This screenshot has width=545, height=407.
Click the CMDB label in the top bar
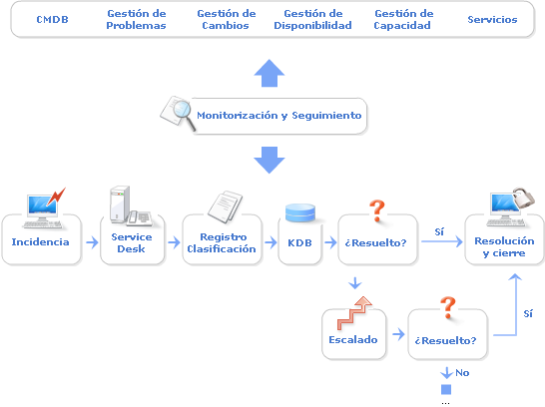click(52, 19)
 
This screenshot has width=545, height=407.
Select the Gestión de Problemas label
click(136, 19)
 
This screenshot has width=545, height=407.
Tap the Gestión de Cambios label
click(227, 19)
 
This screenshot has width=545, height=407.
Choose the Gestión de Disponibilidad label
click(312, 19)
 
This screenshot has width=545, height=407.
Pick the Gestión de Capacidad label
click(403, 19)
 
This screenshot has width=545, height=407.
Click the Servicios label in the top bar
click(492, 19)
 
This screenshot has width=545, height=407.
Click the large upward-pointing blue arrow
click(270, 73)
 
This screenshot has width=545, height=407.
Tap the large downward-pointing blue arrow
click(270, 160)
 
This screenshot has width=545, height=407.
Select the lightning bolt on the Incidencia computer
click(56, 197)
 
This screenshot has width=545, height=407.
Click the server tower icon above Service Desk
click(120, 204)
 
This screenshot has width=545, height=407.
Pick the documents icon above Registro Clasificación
click(226, 206)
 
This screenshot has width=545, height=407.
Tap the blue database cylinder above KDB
click(300, 212)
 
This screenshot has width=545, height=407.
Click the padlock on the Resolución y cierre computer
click(523, 199)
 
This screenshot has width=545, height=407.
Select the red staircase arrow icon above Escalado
click(354, 313)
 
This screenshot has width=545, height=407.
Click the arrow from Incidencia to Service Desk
click(92, 242)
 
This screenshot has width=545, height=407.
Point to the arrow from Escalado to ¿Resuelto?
click(398, 334)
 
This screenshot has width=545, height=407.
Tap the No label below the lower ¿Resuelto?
click(462, 373)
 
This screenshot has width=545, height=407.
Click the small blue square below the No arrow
click(446, 389)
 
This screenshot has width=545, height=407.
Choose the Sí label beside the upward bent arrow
click(528, 313)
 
